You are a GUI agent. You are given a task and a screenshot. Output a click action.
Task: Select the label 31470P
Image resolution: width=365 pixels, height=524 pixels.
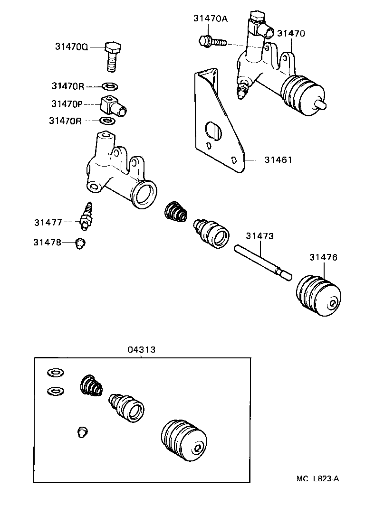[x=67, y=103]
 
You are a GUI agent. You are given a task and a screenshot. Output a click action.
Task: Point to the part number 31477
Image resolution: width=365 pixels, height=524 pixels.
[x=48, y=222]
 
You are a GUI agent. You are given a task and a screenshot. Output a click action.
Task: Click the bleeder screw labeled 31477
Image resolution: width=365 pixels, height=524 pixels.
[x=87, y=215]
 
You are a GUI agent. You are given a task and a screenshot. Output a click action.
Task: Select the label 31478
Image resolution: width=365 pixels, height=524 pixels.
[x=48, y=242]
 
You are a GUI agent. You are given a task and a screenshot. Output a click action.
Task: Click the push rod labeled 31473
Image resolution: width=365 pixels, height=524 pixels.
[x=261, y=262]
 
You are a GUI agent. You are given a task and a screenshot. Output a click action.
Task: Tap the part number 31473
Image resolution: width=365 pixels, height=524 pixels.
[x=260, y=236]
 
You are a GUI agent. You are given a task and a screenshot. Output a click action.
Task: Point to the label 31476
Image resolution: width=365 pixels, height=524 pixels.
[x=323, y=257]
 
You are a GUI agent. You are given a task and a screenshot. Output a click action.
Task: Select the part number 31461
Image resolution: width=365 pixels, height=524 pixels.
[x=278, y=160]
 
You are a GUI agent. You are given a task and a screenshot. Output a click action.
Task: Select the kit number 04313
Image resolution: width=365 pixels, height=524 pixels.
[x=141, y=350]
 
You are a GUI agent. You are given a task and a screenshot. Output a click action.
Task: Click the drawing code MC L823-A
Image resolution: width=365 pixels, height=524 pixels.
[x=318, y=478]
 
